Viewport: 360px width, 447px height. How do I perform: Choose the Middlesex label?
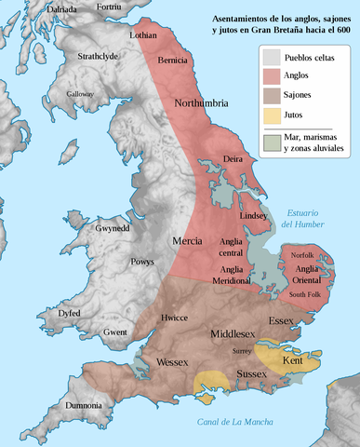[240, 332]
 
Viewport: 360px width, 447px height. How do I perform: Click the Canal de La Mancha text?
[235, 422]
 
